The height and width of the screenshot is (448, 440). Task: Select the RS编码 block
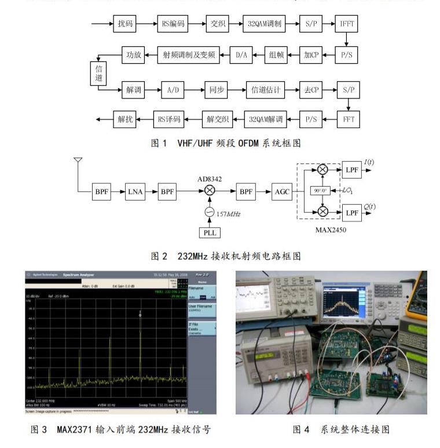(x=174, y=24)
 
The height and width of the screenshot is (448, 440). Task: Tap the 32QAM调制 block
(x=264, y=24)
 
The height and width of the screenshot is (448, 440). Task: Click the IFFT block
(x=347, y=24)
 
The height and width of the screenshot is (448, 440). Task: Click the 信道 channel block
(x=98, y=73)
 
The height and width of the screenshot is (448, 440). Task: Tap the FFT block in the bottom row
(x=347, y=120)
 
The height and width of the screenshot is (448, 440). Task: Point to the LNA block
(x=135, y=190)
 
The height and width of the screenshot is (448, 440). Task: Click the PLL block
(x=210, y=233)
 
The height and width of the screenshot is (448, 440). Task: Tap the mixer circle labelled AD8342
(x=210, y=190)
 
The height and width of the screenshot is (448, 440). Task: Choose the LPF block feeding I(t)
(x=351, y=169)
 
